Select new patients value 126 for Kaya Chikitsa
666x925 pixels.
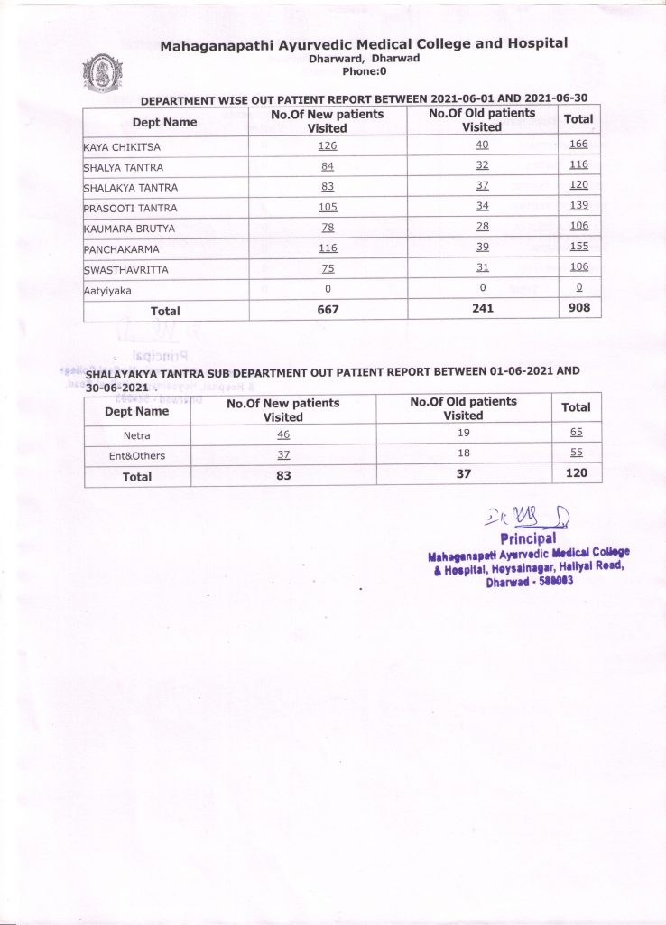(327, 145)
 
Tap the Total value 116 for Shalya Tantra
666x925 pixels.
(578, 164)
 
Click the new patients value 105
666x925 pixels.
(327, 207)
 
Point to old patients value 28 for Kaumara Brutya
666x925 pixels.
(482, 227)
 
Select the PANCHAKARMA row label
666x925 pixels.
(120, 248)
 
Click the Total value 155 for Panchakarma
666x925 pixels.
(578, 247)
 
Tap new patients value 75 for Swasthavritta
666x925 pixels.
(327, 268)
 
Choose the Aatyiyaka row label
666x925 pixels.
(107, 290)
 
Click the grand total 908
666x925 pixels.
(578, 308)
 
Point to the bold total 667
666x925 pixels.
(327, 309)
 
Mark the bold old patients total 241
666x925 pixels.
(482, 309)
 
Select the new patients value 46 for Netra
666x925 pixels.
(283, 434)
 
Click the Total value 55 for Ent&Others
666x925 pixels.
(576, 454)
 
